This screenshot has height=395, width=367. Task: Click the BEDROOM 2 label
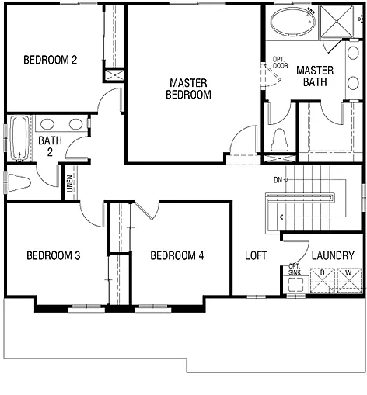50,60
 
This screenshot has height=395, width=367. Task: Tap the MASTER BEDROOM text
189,88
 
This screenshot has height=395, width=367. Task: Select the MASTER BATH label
315,76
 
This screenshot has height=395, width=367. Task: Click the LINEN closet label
70,183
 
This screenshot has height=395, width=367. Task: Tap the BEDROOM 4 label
177,255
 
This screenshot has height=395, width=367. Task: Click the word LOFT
256,255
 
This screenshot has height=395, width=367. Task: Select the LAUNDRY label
333,255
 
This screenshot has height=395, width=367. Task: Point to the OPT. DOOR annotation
280,62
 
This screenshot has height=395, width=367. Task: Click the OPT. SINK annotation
295,269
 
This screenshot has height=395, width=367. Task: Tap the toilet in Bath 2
19,183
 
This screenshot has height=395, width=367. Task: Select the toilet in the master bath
280,140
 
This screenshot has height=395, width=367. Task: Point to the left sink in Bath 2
47,124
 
